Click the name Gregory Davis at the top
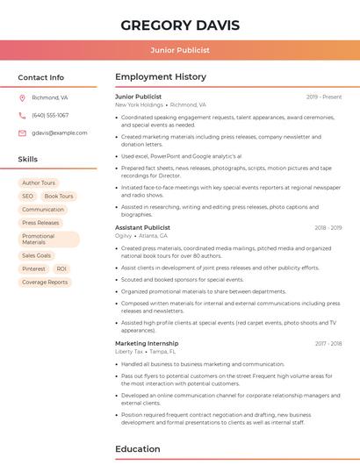(x=179, y=25)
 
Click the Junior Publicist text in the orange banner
(x=179, y=50)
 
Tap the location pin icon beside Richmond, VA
(x=22, y=98)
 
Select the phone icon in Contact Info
(x=22, y=115)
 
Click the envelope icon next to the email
(x=22, y=132)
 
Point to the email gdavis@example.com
(x=59, y=132)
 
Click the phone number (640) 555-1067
(x=50, y=115)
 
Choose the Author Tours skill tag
(x=39, y=182)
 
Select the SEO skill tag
(x=28, y=197)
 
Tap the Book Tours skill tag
(x=59, y=197)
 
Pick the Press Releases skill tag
(x=40, y=223)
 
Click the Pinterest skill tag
(x=33, y=268)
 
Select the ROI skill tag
(x=61, y=268)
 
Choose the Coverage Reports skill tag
(x=45, y=283)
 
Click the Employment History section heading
(x=161, y=77)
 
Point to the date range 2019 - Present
(x=324, y=97)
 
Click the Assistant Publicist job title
(x=142, y=227)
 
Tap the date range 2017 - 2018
(x=328, y=344)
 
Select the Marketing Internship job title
(x=147, y=343)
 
